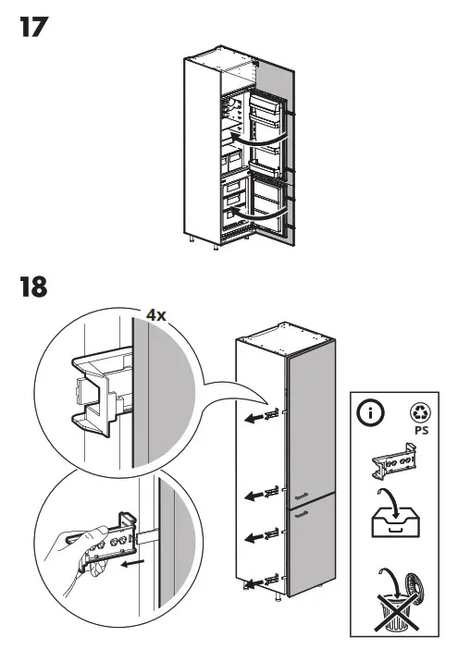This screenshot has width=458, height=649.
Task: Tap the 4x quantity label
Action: [155, 314]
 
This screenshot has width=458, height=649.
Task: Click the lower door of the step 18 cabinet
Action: [310, 549]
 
